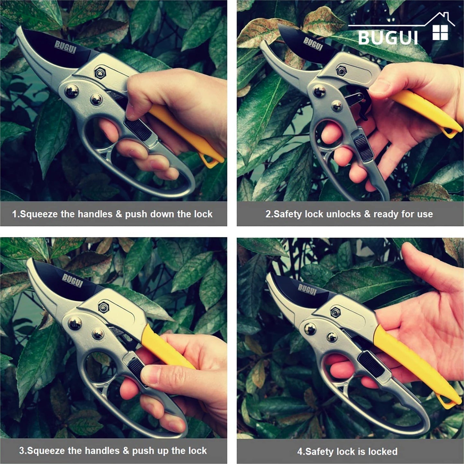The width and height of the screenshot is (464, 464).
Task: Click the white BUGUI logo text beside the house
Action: pyautogui.click(x=388, y=38)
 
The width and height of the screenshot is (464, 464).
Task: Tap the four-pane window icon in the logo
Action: pyautogui.click(x=440, y=33)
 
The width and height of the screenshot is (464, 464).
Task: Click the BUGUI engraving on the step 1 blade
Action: pyautogui.click(x=66, y=47)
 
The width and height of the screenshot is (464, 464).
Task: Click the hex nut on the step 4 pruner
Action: pyautogui.click(x=335, y=311)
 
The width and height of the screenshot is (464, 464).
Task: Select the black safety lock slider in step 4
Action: pyautogui.click(x=371, y=364)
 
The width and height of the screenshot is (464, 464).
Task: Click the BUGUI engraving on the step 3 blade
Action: pyautogui.click(x=73, y=280)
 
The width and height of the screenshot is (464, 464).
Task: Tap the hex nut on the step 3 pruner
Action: pyautogui.click(x=103, y=307)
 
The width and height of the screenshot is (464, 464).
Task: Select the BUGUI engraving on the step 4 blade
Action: pyautogui.click(x=307, y=290)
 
